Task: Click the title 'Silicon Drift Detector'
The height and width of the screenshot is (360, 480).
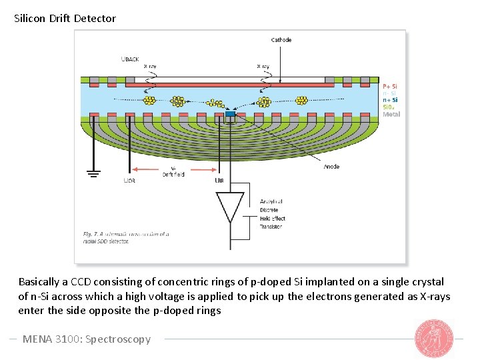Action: [x=65, y=19]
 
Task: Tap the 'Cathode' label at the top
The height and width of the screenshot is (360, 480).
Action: [x=281, y=40]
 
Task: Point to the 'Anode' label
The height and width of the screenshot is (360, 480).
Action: [x=331, y=167]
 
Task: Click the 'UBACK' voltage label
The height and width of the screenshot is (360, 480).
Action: [x=130, y=59]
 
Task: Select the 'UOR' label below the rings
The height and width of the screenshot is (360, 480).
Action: [x=129, y=181]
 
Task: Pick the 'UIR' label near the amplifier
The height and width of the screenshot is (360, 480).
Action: [x=219, y=181]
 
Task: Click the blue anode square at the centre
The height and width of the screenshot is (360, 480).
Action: [x=231, y=115]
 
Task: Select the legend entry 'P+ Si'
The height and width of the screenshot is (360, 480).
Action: [x=390, y=86]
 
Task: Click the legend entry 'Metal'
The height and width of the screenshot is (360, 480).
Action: [x=391, y=114]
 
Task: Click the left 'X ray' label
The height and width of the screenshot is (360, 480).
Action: [x=151, y=66]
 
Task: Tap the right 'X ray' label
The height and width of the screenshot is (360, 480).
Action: [x=263, y=66]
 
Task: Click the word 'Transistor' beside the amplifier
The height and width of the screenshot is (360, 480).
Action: [x=271, y=227]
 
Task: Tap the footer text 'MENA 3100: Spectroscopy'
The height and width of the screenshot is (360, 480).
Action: [x=87, y=339]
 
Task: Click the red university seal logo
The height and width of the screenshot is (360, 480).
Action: [x=435, y=338]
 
